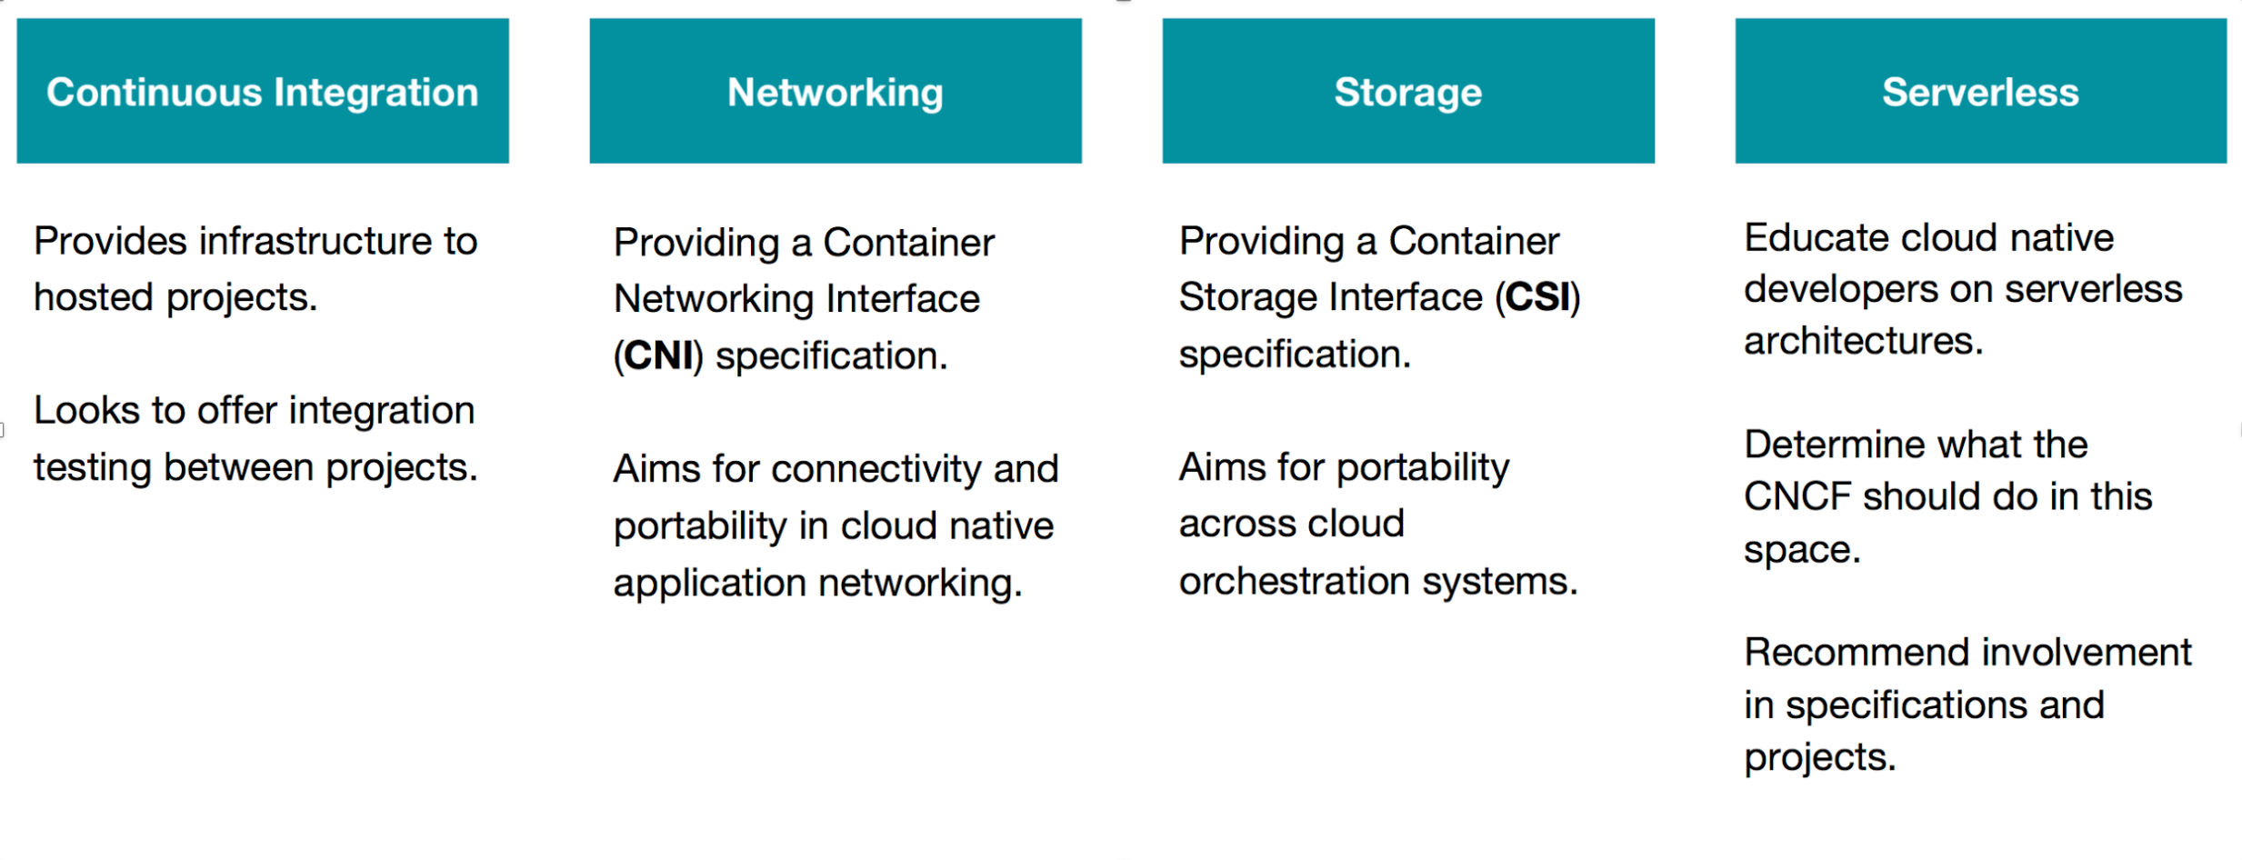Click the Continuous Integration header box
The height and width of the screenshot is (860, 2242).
[263, 91]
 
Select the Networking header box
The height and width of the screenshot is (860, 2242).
[836, 91]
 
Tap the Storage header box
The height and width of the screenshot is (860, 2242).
[1408, 91]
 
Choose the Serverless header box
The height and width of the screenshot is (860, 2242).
[1980, 91]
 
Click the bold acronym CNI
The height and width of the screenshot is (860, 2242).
[658, 355]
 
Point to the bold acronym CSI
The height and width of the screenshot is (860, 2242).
[1537, 297]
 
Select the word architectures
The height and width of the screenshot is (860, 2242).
[1863, 341]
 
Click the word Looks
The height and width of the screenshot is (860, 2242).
[86, 411]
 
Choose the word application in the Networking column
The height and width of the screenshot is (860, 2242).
[710, 583]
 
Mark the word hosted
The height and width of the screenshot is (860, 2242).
[94, 297]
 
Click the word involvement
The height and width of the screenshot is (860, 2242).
[2087, 653]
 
